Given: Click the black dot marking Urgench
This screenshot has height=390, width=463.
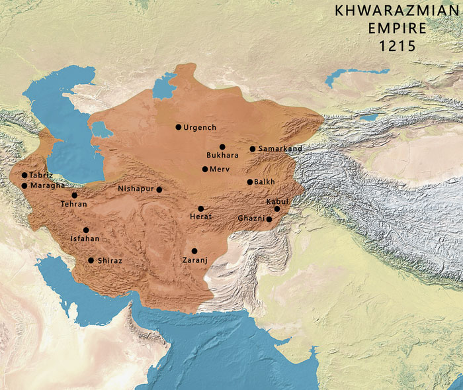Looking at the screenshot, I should point(179,127).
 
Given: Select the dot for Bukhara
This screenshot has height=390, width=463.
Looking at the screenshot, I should point(223,146).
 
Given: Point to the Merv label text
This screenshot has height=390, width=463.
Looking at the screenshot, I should point(220,170).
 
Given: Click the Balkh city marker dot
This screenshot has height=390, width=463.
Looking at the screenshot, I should point(249,182).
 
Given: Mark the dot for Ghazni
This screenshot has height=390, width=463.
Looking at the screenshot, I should point(269,219).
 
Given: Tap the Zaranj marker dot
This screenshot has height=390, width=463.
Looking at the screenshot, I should point(194,251).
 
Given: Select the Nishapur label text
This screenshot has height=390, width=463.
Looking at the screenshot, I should point(136,189).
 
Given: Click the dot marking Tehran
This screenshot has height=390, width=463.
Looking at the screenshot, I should point(75,195).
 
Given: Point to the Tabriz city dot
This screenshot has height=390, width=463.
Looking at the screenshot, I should point(24,175).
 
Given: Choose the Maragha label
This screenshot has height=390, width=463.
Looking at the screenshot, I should point(47,185).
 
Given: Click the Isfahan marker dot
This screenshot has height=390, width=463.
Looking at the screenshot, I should point(86,230).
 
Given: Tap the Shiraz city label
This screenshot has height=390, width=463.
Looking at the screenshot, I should point(110,261).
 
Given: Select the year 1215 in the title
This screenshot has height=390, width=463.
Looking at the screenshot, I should point(396,48).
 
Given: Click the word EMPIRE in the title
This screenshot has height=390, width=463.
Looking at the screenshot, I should point(396,30).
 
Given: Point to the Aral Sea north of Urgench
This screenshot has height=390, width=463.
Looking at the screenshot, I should point(164,84).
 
